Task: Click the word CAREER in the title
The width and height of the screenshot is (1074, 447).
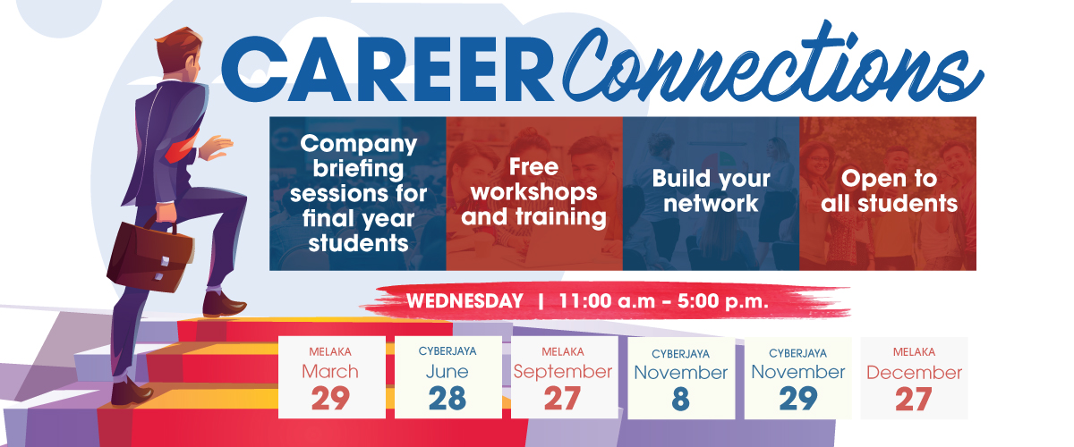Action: (x=387, y=69)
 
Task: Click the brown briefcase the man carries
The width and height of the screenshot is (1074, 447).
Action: (x=150, y=256)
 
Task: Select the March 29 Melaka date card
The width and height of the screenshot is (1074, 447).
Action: (x=332, y=377)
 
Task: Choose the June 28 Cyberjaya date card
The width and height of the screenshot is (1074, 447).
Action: (x=447, y=377)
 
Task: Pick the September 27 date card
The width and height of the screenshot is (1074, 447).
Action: (x=564, y=377)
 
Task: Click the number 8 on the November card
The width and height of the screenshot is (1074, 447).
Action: (x=680, y=399)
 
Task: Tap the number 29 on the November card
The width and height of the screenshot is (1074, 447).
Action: (x=797, y=399)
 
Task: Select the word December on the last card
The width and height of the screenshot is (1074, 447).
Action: (x=914, y=373)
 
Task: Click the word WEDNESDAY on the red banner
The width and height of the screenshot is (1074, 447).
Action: (x=465, y=301)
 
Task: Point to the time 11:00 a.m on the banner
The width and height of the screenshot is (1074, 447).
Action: (x=607, y=301)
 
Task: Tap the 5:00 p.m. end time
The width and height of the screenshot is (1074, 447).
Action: (x=722, y=301)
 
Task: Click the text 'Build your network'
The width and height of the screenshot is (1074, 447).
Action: (x=711, y=190)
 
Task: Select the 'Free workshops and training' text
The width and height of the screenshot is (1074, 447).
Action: (x=533, y=192)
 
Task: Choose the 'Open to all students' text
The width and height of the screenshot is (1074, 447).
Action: (x=889, y=190)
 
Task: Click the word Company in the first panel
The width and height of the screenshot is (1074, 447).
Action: (x=359, y=144)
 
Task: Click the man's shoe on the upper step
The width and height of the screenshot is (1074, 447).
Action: (x=224, y=304)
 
